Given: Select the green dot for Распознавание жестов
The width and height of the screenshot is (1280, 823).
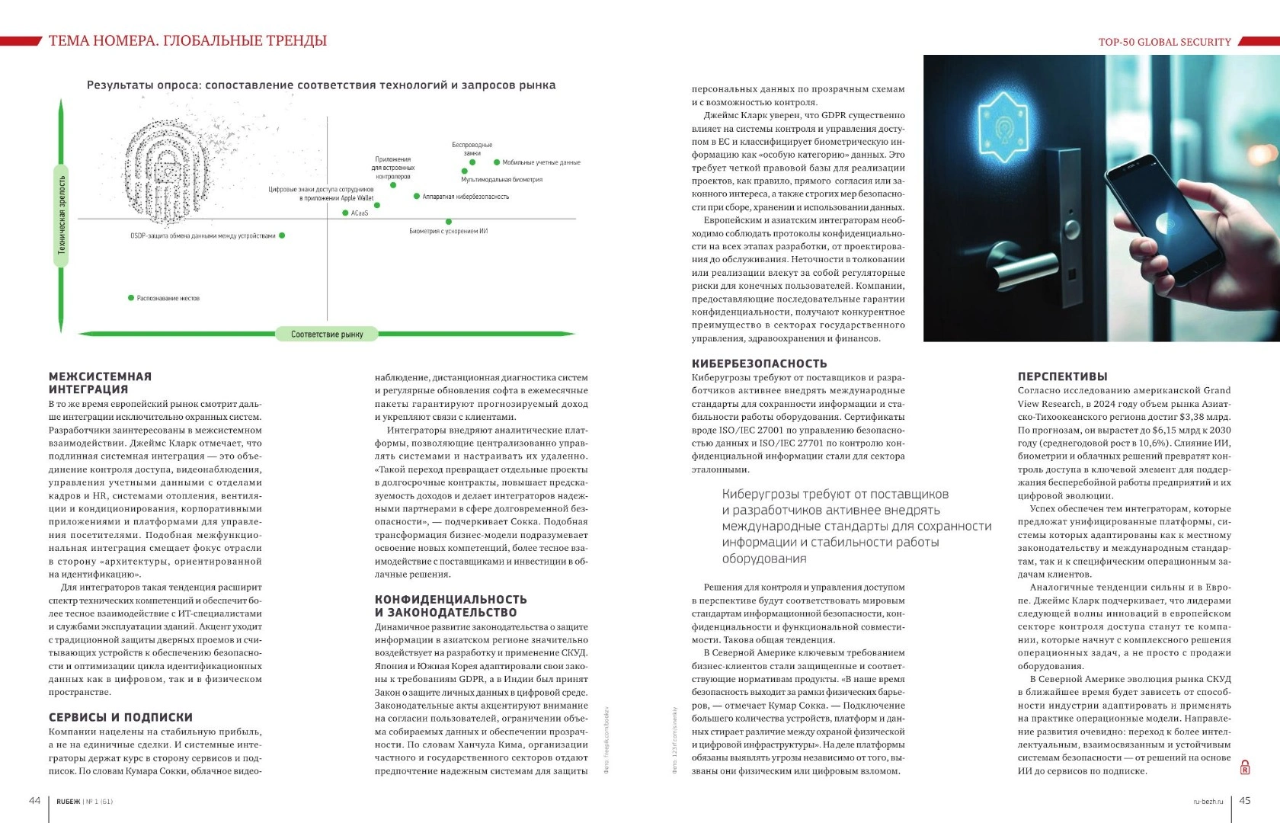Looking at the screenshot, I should click(x=131, y=298).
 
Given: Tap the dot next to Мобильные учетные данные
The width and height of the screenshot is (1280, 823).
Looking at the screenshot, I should click(x=497, y=162).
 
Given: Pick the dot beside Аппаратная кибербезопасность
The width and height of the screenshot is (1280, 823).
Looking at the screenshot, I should click(x=417, y=197).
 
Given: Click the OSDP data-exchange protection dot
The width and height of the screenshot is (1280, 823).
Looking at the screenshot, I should click(x=282, y=235).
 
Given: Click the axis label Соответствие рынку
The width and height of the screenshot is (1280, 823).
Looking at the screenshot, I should click(x=327, y=334).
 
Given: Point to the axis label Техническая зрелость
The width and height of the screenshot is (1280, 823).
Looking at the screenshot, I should click(x=62, y=215).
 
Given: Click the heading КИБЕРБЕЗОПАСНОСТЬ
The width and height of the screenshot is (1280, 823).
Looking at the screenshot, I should click(x=759, y=363).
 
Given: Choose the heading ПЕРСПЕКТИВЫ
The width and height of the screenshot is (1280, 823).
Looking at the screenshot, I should click(x=1062, y=376).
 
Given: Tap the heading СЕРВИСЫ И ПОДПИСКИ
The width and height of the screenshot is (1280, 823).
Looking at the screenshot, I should click(x=120, y=717).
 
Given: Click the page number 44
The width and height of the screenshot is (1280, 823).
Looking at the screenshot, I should click(x=34, y=800).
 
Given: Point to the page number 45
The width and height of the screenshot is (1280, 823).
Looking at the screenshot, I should click(x=1245, y=800).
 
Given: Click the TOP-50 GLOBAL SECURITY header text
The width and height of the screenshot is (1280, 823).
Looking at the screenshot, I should click(x=1164, y=42).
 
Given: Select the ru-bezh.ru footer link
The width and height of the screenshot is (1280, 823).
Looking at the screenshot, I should click(x=1208, y=801).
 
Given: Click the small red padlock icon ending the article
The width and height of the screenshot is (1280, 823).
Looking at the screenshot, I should click(x=1245, y=767).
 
